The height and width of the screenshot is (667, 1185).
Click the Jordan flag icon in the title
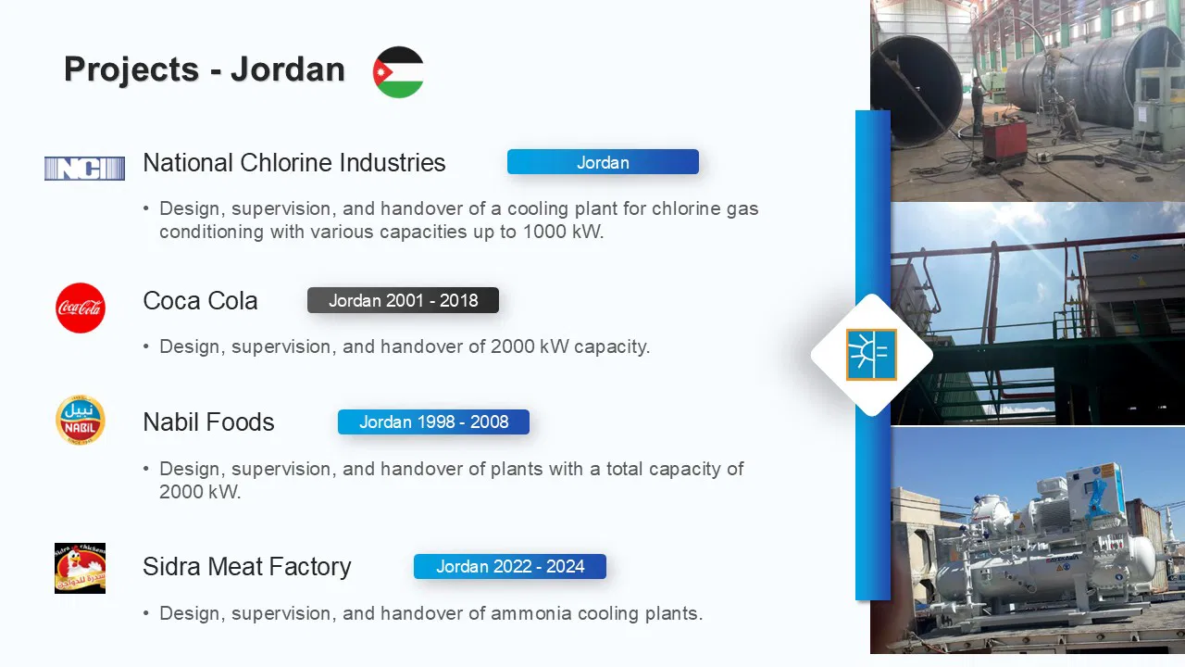[x=398, y=72]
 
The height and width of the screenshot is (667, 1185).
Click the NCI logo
[x=84, y=169]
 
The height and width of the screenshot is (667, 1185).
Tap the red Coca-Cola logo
[x=81, y=308]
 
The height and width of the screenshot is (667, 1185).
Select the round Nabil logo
[x=81, y=420]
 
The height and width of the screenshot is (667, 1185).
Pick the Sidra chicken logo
[x=80, y=568]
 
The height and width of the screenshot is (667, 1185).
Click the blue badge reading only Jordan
[x=603, y=162]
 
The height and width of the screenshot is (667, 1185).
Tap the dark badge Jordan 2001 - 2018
[x=403, y=300]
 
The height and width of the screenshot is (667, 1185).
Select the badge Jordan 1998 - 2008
[x=434, y=422]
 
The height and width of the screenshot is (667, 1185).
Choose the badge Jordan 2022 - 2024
[x=510, y=566]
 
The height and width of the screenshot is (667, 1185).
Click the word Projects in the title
[x=131, y=69]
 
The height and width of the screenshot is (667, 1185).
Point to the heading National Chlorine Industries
[x=294, y=162]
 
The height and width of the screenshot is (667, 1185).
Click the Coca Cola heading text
[x=200, y=301]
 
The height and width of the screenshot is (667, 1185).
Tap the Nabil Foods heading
[x=208, y=422]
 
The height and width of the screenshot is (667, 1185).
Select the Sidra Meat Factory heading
[x=247, y=566]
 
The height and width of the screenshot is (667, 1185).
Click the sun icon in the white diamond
[x=871, y=354]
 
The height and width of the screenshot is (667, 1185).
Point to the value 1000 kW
[x=563, y=232]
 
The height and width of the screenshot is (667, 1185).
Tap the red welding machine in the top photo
[x=1004, y=139]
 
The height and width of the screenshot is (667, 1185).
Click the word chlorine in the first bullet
[x=686, y=208]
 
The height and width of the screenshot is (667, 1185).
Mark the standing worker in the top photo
[x=978, y=106]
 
